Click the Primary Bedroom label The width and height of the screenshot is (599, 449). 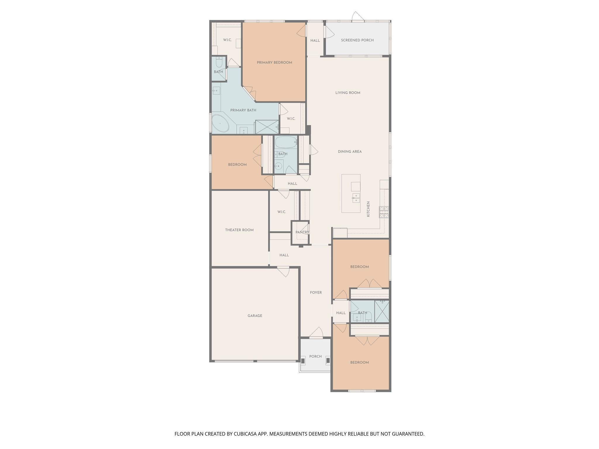coord(274,63)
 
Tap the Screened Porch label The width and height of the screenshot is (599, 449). coord(357,40)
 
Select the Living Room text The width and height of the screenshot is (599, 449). coord(348,93)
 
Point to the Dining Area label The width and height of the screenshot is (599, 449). coord(350,152)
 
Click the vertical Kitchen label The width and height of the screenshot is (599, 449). coord(368,209)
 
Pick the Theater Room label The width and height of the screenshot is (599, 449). coord(239,230)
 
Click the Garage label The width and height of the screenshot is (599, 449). coord(255,316)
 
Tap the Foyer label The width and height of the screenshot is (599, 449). coord(316,293)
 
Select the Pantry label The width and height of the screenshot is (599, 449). coord(302,232)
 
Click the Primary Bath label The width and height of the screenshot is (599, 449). coord(243,110)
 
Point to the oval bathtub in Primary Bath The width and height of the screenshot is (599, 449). coord(220,123)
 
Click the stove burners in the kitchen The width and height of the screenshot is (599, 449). coord(384,212)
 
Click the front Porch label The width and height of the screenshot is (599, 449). coord(315,357)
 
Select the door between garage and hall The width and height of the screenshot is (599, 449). coord(283,272)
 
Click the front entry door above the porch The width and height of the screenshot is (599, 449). coord(316,333)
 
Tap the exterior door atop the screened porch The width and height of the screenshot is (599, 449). coord(358,17)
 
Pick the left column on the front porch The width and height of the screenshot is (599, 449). coord(303,361)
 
